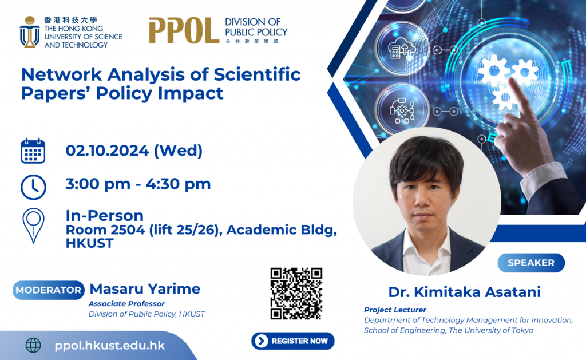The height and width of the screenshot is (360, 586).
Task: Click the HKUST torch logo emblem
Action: click(30, 32)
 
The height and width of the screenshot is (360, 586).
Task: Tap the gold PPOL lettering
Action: click(184, 31)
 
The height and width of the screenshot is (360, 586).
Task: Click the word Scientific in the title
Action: click(257, 74)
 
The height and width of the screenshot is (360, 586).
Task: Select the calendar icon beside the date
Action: click(33, 151)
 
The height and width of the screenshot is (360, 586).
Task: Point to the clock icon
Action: click(33, 187)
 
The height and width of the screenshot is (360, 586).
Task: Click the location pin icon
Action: click(33, 226)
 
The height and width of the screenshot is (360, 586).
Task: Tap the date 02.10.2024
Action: click(107, 151)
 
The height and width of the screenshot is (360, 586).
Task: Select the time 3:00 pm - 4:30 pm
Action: click(138, 184)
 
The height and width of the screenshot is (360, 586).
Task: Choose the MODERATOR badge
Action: click(49, 290)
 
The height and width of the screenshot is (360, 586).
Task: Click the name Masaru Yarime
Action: click(145, 289)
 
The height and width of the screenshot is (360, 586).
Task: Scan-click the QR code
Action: click(296, 294)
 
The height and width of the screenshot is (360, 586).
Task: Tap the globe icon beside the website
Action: click(33, 346)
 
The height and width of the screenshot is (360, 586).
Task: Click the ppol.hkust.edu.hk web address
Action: click(109, 346)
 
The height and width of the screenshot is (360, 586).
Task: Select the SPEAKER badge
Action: click(531, 263)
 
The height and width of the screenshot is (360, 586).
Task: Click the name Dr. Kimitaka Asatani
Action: click(465, 292)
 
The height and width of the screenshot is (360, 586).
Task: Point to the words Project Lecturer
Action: click(395, 310)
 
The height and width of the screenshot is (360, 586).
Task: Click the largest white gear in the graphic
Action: click(494, 71)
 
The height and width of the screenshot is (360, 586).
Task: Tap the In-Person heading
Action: click(105, 216)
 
